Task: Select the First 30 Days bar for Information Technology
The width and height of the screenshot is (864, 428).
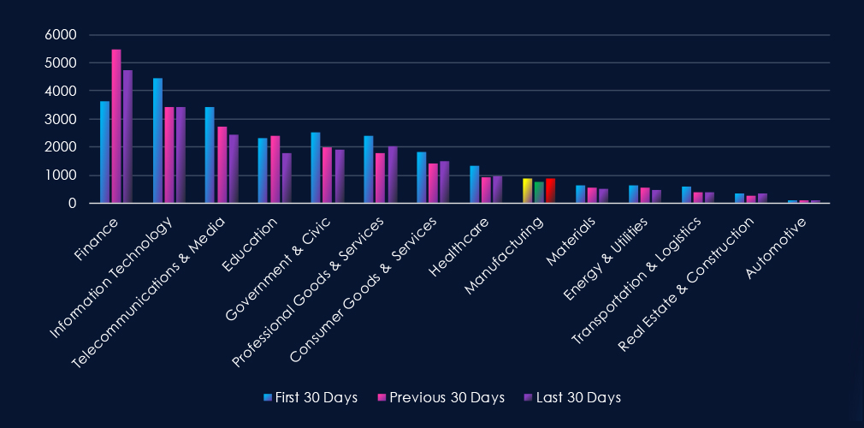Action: point(157,141)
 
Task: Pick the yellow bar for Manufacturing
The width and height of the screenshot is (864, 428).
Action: point(528,191)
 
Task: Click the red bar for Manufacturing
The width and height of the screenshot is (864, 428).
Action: point(550,191)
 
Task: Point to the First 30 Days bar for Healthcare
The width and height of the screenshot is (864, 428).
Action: point(474,185)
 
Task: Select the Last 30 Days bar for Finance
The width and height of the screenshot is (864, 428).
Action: point(127,137)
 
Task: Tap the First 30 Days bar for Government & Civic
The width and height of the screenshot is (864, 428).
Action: point(316,168)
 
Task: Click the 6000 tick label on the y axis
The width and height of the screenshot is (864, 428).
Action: point(61,35)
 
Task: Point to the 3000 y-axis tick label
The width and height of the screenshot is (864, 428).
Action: point(61,119)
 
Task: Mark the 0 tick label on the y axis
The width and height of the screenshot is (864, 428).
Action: point(73,204)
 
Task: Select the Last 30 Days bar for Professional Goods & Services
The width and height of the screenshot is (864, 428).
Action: point(393,175)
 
